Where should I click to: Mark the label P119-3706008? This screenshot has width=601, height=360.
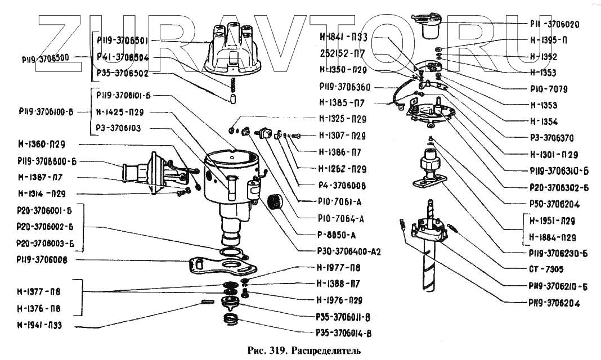[x=43, y=260]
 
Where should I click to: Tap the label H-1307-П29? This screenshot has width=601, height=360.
[x=342, y=136]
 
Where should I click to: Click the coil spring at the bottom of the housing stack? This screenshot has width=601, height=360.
[x=231, y=321]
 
